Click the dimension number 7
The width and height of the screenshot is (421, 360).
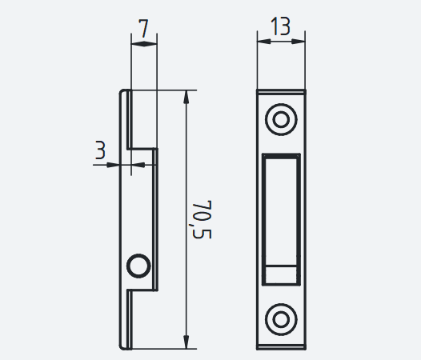[144, 28]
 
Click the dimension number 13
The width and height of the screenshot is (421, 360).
[281, 26]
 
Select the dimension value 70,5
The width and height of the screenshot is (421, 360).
[202, 219]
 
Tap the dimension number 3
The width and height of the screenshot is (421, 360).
[100, 150]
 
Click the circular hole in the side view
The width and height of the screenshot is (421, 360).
[138, 266]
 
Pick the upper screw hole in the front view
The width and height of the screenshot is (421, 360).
[281, 119]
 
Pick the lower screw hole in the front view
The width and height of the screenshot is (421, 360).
[281, 319]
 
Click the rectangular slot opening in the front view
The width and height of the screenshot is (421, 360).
[281, 219]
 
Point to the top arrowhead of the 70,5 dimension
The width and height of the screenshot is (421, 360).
[186, 97]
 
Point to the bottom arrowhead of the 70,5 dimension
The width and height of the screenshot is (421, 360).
[186, 342]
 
